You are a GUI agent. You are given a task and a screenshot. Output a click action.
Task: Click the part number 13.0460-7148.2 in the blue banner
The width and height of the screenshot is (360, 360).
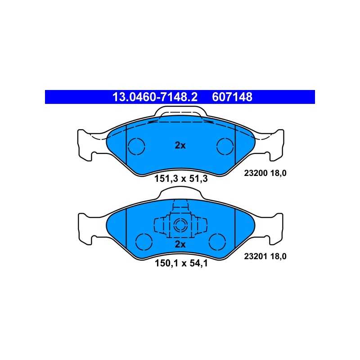tap(155, 97)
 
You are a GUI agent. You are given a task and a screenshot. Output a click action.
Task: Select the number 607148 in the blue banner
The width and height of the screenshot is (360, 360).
tap(232, 97)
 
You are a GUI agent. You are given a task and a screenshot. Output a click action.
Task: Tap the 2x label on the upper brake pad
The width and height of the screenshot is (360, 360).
tap(180, 145)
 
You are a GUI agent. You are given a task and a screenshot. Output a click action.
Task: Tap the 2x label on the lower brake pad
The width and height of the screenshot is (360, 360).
tap(180, 244)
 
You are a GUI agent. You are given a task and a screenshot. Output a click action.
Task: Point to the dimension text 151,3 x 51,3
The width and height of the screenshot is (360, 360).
tap(181, 179)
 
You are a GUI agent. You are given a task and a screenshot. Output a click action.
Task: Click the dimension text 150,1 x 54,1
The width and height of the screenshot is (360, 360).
tap(181, 263)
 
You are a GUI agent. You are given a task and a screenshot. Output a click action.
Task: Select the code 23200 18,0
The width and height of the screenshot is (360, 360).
tap(265, 173)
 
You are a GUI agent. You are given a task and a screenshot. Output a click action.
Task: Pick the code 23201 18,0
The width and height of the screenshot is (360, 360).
tap(265, 256)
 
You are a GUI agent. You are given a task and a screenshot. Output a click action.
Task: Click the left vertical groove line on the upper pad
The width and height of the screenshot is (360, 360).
tap(126, 145)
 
